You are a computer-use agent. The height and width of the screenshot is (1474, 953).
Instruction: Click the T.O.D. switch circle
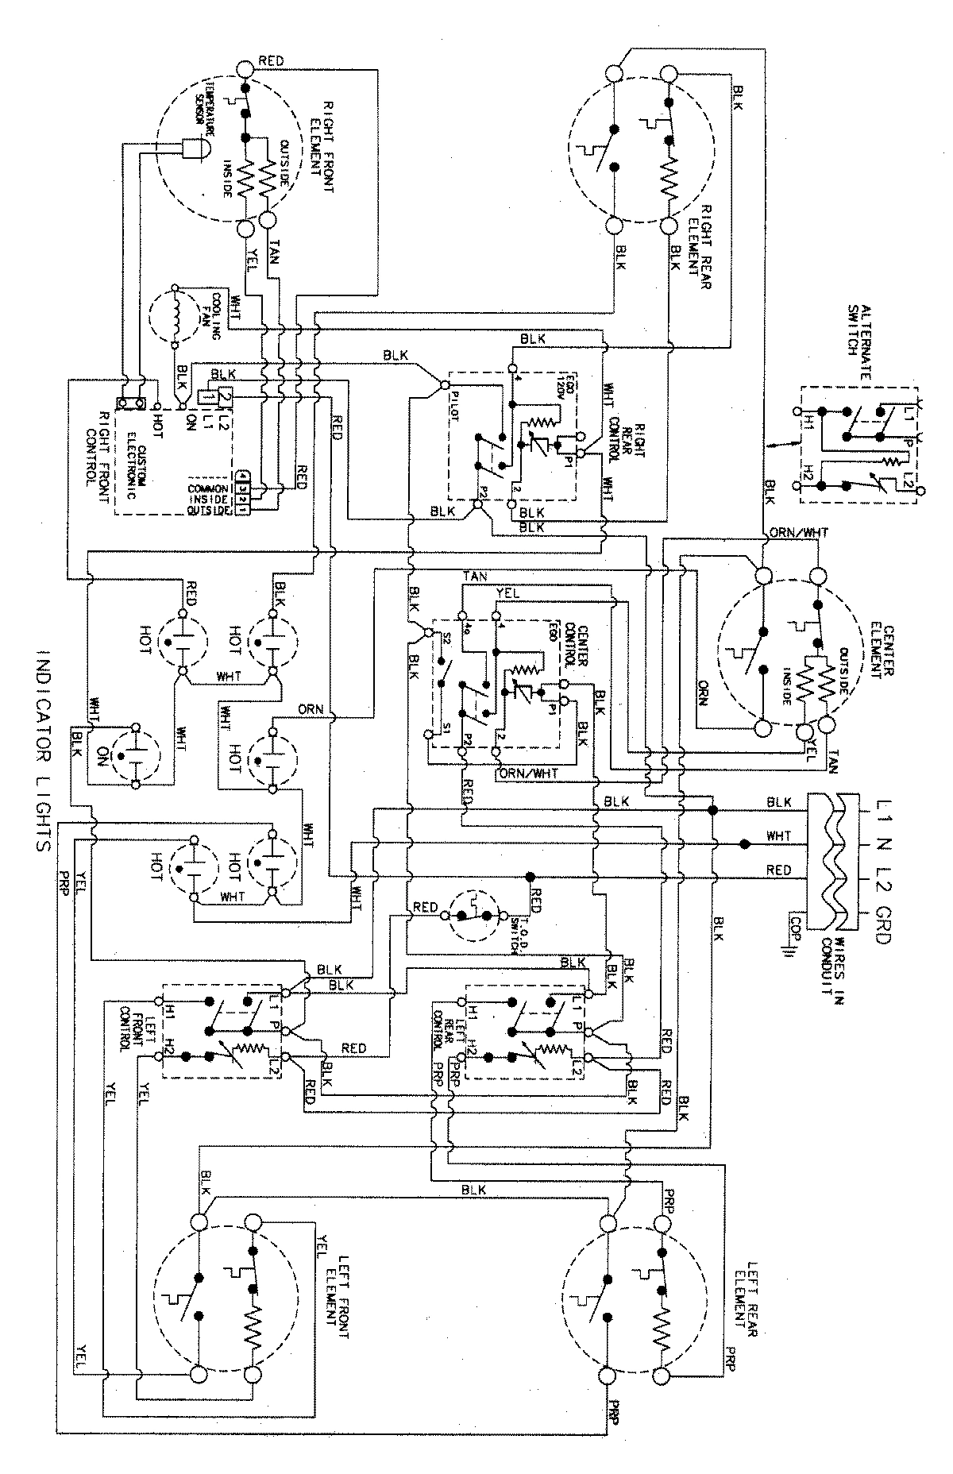(x=473, y=916)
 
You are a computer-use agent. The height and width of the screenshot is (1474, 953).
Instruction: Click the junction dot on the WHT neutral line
(x=744, y=843)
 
